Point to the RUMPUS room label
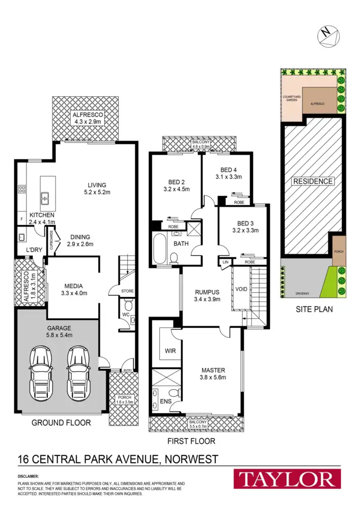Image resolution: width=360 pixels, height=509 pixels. (x=207, y=292)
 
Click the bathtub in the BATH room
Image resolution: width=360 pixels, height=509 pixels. (x=159, y=248)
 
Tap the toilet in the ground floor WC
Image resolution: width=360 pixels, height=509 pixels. (x=128, y=305)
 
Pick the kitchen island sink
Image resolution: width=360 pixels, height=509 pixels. (x=44, y=195)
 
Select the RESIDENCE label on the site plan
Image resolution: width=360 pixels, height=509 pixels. (x=312, y=181)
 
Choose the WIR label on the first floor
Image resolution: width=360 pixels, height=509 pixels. (x=170, y=351)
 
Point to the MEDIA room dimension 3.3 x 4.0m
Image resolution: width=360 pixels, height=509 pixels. (x=74, y=293)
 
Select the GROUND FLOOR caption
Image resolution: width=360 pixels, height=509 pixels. (x=61, y=422)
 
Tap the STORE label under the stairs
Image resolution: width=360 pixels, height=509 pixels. (x=127, y=291)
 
